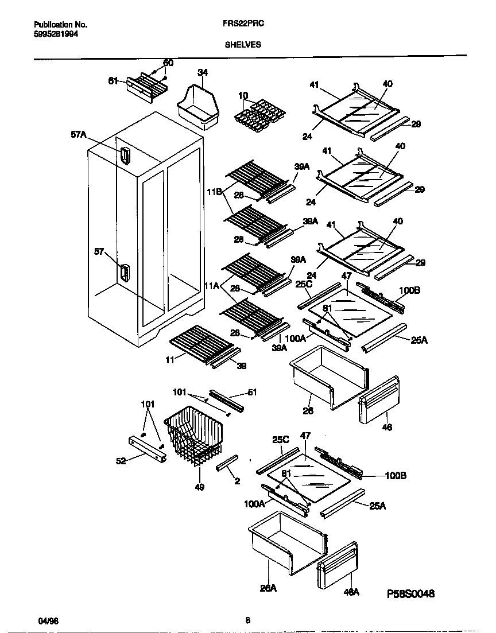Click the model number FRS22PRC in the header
tap(239, 25)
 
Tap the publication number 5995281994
tap(56, 34)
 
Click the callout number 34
tap(202, 72)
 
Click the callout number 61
tap(113, 81)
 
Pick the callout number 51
tap(251, 393)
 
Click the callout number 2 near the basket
tap(237, 481)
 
